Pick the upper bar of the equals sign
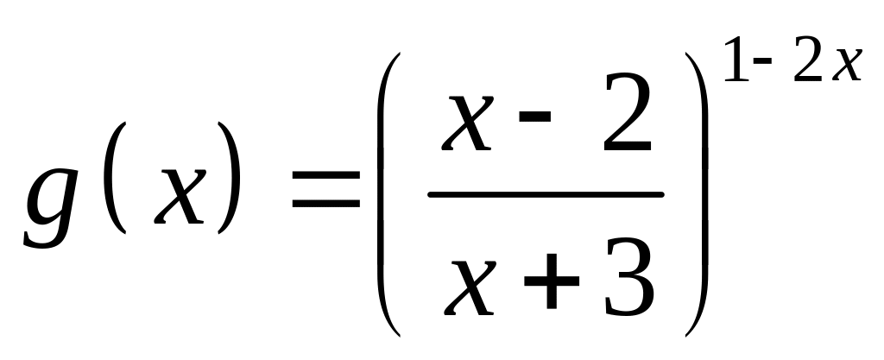coord(325,178)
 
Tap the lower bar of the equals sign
coord(325,205)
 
